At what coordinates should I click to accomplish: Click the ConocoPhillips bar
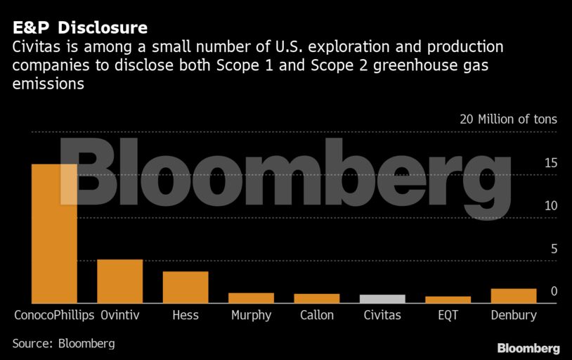54,233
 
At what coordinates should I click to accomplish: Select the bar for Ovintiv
119,281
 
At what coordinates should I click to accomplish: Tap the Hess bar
186,287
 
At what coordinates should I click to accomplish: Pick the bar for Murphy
251,298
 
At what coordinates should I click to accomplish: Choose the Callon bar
316,299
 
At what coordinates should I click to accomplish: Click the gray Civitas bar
382,299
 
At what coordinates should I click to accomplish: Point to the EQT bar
448,300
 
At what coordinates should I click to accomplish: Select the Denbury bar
513,296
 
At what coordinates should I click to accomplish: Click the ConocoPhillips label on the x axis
54,315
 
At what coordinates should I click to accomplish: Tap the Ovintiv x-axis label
119,315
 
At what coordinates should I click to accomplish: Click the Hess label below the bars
186,315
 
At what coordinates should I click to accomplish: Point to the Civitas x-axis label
382,315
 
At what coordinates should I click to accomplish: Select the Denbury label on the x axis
513,315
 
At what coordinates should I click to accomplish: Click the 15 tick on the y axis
550,163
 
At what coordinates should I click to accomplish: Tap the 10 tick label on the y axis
550,206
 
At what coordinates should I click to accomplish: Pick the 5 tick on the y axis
554,249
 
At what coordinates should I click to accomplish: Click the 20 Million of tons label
508,120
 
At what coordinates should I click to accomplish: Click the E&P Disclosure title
79,28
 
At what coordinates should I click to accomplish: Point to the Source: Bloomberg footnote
63,344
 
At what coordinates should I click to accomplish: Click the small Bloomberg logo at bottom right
528,348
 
